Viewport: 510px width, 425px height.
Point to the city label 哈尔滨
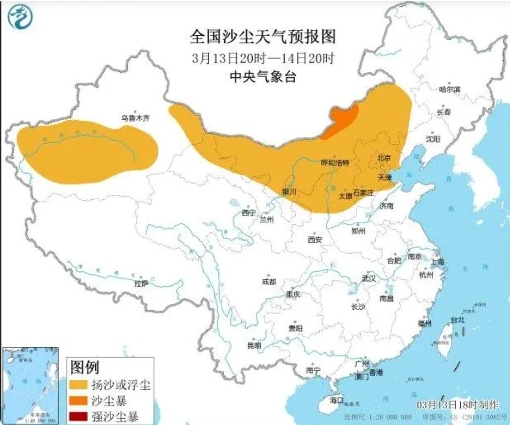[450, 89]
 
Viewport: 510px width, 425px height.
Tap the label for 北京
[384, 158]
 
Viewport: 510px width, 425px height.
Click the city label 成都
[269, 282]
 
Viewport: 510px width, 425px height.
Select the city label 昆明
[254, 345]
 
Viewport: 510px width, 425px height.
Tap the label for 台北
[457, 320]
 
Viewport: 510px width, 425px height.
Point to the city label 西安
[315, 240]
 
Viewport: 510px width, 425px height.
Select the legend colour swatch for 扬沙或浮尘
[78, 384]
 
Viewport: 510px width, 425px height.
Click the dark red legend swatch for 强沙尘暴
[78, 417]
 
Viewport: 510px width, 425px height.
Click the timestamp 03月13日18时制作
[458, 405]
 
